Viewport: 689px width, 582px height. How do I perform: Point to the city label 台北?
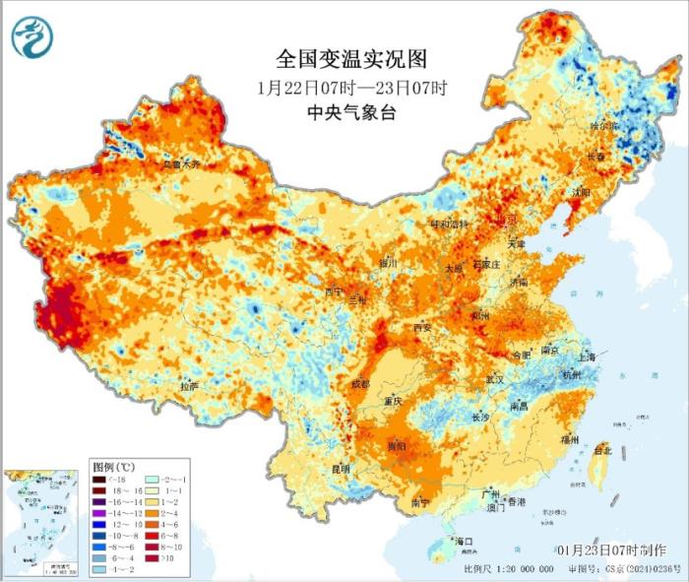tap(601, 450)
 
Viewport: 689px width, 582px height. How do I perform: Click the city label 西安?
tap(422, 326)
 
